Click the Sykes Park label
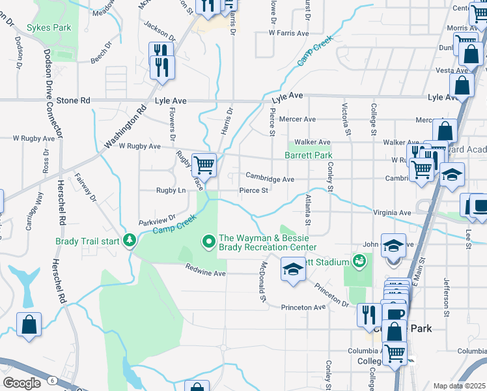(x=48, y=29)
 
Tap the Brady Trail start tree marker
(x=130, y=241)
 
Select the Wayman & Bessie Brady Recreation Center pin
(x=209, y=242)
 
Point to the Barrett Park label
(x=308, y=155)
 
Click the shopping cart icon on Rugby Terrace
(x=204, y=165)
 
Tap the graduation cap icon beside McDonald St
(x=293, y=268)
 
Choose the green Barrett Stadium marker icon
(x=357, y=262)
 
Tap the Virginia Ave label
(x=392, y=212)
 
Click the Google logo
(x=21, y=383)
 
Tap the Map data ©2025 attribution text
(x=460, y=386)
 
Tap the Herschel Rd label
(x=63, y=203)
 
